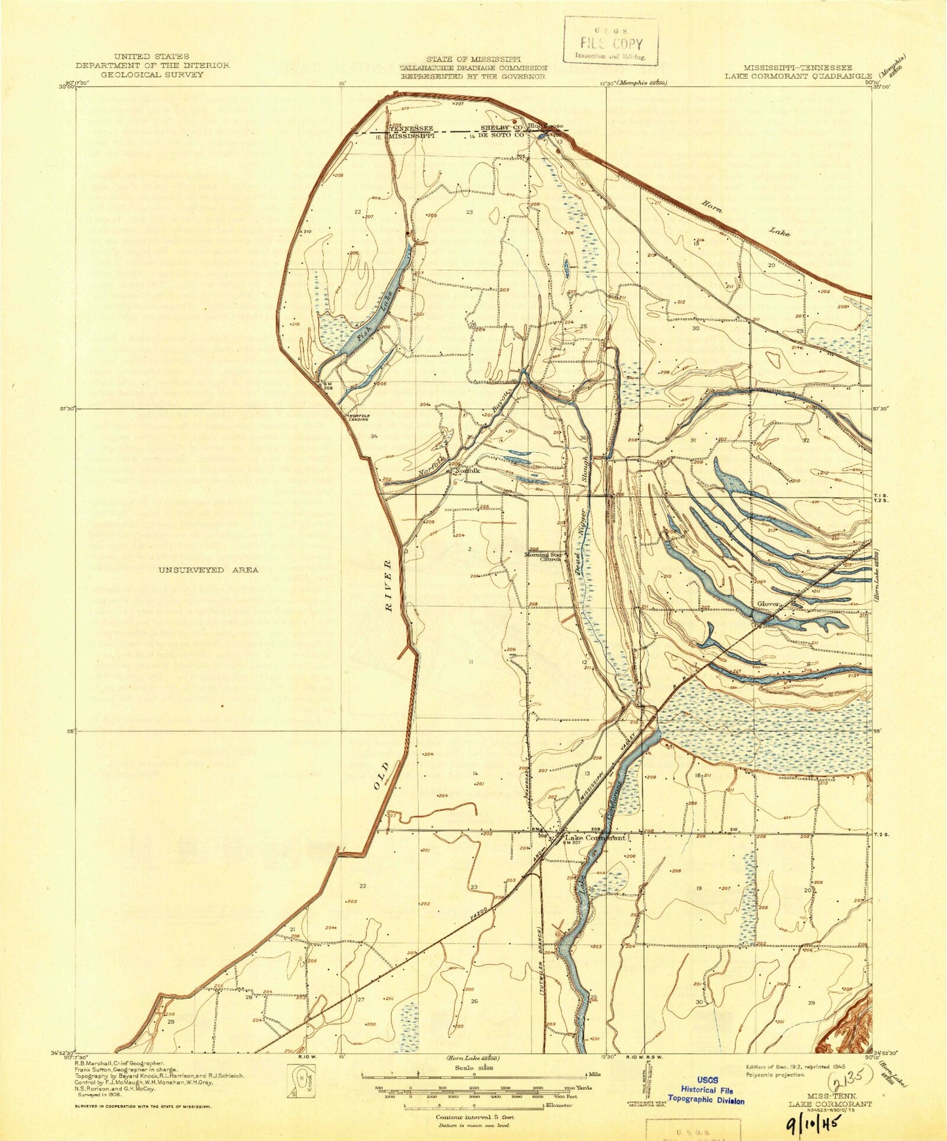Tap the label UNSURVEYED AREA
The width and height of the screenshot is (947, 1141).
tap(208, 570)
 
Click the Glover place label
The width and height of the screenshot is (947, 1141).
tap(768, 604)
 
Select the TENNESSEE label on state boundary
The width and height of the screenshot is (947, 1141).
tap(411, 128)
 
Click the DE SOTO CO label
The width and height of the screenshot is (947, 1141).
tap(501, 136)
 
